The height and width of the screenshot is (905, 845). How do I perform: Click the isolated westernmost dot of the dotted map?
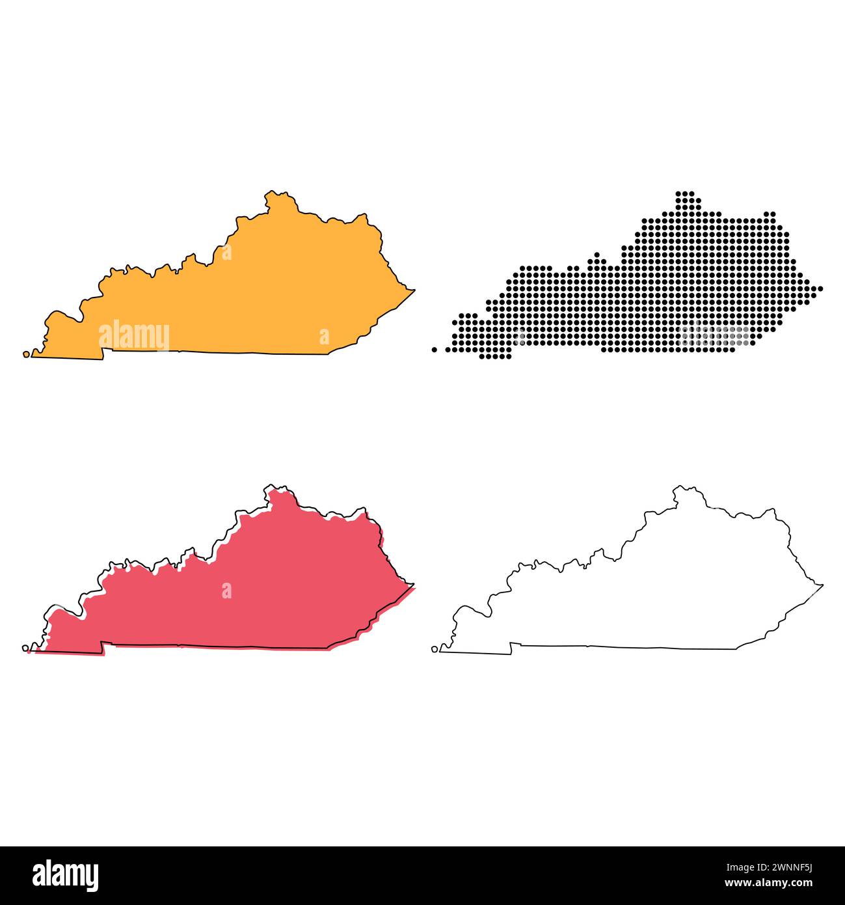[x=434, y=350]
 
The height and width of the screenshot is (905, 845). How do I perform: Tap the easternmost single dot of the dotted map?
[x=820, y=288]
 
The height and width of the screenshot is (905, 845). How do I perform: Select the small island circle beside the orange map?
[x=26, y=354]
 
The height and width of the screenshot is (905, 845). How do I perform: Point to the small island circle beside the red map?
[x=25, y=648]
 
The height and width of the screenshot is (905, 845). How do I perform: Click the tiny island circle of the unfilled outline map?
[x=435, y=648]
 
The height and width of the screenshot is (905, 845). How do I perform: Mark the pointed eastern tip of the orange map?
[x=414, y=290]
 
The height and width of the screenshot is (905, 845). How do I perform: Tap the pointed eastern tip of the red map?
[x=413, y=585]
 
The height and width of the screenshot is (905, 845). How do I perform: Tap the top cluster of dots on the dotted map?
[x=686, y=198]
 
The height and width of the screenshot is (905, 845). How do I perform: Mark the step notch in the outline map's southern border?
[x=511, y=647]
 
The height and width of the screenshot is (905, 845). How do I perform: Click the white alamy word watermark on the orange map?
[x=134, y=336]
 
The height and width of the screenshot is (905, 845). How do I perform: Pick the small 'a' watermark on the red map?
[x=226, y=591]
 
